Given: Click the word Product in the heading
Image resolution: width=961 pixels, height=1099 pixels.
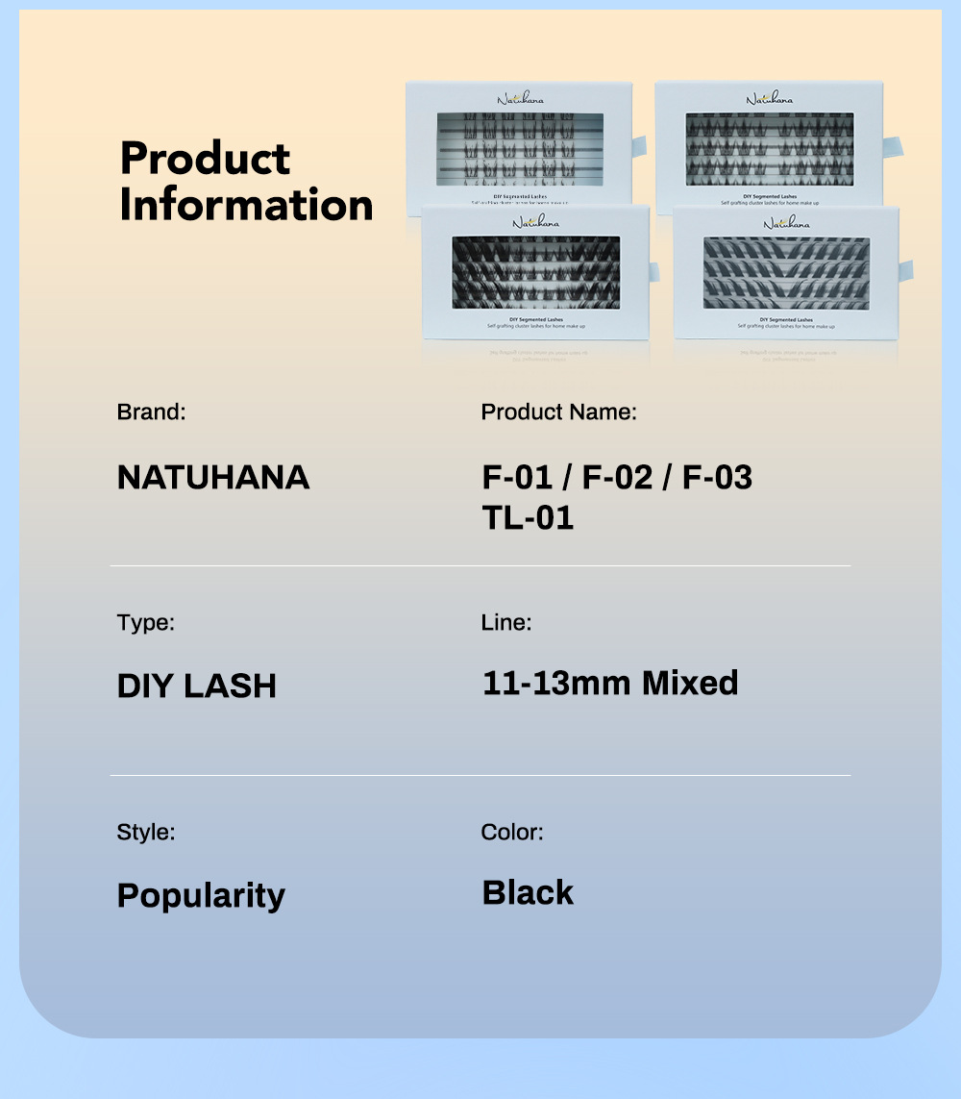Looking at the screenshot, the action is (205, 159).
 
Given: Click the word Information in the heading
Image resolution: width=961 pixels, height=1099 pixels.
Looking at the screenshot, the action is (246, 205).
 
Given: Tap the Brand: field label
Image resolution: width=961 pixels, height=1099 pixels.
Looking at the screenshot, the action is (151, 412).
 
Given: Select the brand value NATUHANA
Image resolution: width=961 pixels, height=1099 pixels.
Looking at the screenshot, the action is (213, 477).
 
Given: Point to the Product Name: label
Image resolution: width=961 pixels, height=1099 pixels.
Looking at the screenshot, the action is (558, 412).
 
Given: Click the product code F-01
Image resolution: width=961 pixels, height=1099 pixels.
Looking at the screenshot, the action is (517, 477).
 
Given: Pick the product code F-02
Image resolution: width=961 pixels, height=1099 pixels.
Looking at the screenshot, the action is (618, 477).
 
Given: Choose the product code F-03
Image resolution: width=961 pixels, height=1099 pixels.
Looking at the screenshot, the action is (717, 477).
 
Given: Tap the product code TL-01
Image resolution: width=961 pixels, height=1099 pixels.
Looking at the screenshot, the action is (528, 518).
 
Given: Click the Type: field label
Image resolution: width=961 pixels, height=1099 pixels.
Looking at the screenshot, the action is (146, 622).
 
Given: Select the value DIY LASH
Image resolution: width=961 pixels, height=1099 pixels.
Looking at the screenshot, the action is (197, 686).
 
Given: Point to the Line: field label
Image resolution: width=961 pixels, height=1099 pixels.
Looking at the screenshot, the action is (506, 622).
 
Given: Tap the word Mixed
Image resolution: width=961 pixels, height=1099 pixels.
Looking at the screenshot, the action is (690, 684).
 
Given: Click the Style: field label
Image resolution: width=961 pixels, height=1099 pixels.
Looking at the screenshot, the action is (146, 832).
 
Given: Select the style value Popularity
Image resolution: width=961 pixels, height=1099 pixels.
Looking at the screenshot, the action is (201, 895).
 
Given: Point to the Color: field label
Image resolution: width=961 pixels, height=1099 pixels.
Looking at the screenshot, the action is (512, 832).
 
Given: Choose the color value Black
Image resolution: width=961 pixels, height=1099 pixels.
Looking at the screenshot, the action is (528, 892).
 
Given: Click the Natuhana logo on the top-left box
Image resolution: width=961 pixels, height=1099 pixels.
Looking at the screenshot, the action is (520, 98).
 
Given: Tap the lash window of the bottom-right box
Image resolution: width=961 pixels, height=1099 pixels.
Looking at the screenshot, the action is (786, 274).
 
